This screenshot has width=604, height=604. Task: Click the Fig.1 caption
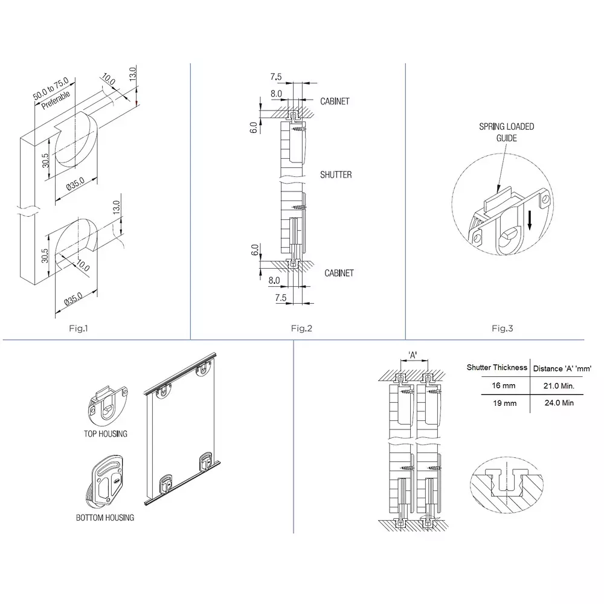(x=79, y=329)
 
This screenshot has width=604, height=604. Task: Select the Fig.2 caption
(x=301, y=329)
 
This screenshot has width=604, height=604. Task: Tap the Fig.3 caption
(x=502, y=329)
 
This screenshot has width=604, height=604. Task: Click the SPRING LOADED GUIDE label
(x=506, y=132)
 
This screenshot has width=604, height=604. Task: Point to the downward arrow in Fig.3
(x=529, y=220)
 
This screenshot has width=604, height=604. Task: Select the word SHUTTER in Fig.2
(x=336, y=175)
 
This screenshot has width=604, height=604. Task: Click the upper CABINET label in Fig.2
(x=335, y=101)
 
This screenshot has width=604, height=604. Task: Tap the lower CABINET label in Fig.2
(x=339, y=274)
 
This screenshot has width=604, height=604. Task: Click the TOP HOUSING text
(x=106, y=434)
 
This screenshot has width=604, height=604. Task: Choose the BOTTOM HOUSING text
(x=105, y=518)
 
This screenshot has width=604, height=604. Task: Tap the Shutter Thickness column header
(x=496, y=367)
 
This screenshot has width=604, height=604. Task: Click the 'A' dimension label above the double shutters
(x=413, y=356)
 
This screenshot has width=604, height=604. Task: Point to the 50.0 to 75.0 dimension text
(x=51, y=88)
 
